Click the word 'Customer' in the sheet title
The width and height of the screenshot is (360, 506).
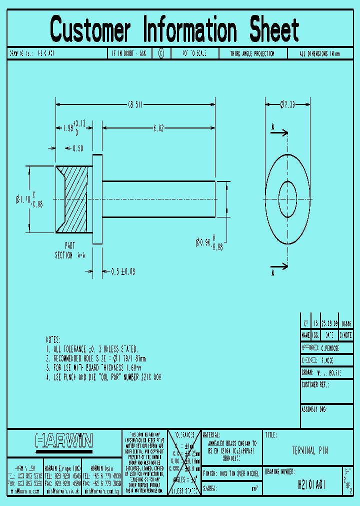[x=90, y=29]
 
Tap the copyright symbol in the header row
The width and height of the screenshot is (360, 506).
[x=161, y=53]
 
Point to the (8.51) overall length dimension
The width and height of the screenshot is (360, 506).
[x=135, y=105]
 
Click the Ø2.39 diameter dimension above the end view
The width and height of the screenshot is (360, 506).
[x=287, y=104]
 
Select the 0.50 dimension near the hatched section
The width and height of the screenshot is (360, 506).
[x=78, y=148]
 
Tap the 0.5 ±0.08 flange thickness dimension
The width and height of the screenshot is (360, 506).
[x=122, y=271]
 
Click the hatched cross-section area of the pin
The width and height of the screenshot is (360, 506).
[x=75, y=199]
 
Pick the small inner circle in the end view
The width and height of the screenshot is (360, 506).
[x=287, y=199]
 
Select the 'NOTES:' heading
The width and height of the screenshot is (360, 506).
[x=53, y=338]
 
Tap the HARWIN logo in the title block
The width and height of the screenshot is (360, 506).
[x=64, y=440]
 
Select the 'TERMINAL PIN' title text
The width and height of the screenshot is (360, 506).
[x=310, y=450]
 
